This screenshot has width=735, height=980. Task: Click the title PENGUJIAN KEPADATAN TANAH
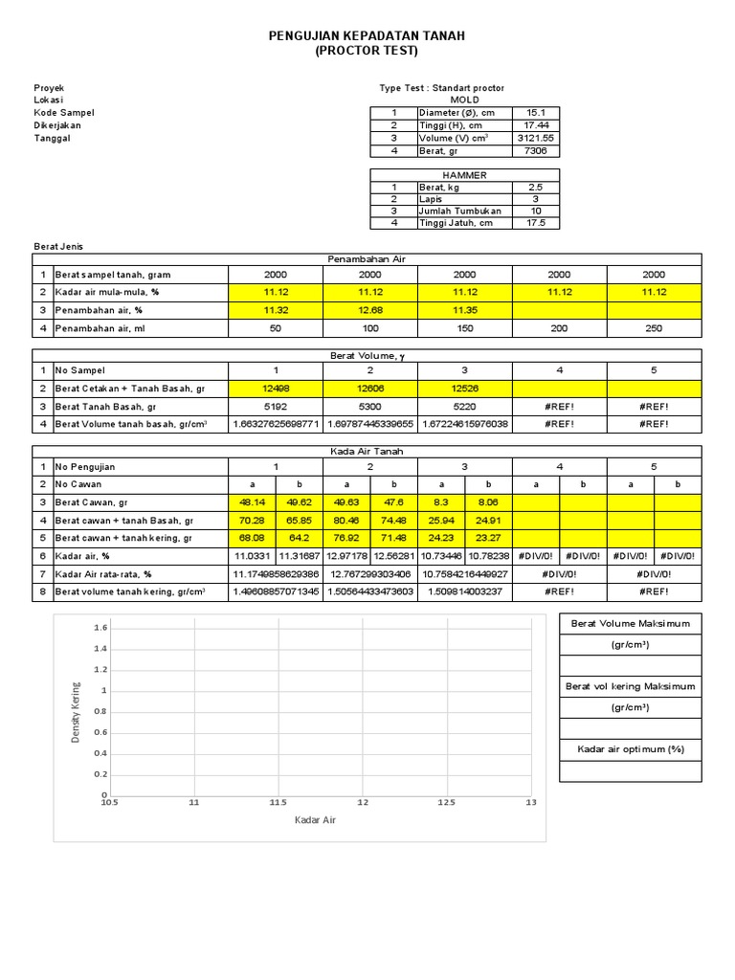click(367, 35)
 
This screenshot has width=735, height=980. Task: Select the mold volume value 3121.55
click(535, 138)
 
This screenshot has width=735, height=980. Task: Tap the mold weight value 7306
click(535, 151)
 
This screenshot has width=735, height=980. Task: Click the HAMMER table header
click(464, 175)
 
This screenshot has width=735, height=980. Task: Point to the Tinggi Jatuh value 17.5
click(535, 223)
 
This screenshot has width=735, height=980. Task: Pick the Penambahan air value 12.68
click(369, 309)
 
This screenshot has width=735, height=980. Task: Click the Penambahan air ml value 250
click(654, 327)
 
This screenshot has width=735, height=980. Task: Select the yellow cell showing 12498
click(276, 389)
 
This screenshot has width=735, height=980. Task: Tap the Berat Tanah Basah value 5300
click(369, 407)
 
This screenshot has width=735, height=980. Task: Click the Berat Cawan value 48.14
click(252, 501)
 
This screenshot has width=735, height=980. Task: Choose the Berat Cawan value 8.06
click(488, 501)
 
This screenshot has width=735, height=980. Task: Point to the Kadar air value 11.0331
click(252, 555)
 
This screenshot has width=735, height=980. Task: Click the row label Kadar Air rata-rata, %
click(104, 573)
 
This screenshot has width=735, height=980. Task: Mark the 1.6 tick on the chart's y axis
click(101, 628)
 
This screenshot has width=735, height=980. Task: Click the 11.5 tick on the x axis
click(278, 802)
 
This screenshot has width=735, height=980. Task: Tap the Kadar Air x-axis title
click(315, 820)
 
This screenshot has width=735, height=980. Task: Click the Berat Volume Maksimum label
click(630, 623)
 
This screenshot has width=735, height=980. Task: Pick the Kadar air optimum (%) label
click(630, 749)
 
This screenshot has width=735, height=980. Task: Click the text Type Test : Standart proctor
click(441, 88)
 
